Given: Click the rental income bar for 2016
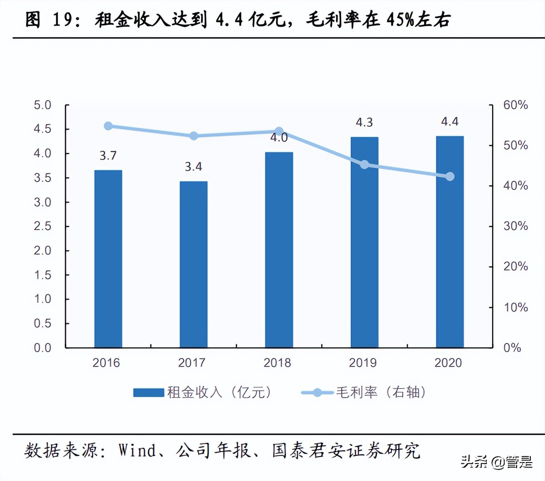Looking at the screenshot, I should tap(108, 259).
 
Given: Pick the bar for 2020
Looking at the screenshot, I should tap(450, 242).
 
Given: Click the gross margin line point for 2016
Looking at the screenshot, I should tap(108, 126).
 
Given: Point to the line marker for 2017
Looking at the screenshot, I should tap(194, 136).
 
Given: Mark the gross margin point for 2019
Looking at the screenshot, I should tap(365, 165).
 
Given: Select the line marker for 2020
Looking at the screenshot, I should tap(450, 176).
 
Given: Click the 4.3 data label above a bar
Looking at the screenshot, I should tap(364, 123).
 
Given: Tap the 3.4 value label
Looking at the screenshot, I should tap(194, 167).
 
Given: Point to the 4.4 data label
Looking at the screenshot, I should tap(450, 121).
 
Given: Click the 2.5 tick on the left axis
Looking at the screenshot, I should tap(43, 226).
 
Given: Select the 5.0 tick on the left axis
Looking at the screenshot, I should tap(43, 105).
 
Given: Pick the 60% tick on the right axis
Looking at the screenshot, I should tap(515, 105).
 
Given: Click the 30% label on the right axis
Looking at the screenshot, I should tap(515, 226).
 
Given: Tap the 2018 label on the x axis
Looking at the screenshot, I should tap(277, 363).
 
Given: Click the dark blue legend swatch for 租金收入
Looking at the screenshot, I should tap(148, 392).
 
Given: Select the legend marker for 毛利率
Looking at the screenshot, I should tap(317, 392).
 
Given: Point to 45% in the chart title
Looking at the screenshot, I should tap(400, 20).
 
